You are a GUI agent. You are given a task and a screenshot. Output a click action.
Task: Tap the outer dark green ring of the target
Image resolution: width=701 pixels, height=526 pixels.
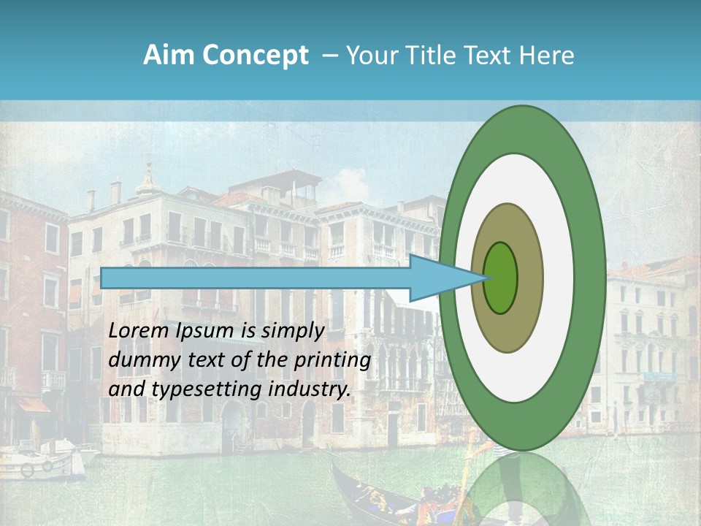point(590,278)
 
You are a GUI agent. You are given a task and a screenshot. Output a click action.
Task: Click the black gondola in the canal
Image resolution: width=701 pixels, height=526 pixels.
point(372,497)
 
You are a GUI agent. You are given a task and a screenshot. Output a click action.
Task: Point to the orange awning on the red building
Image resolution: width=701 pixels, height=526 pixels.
point(31,404)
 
